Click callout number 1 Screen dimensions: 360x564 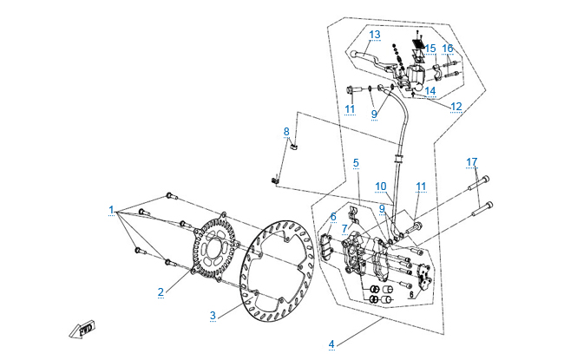[x=111, y=210]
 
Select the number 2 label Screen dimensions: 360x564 [x=161, y=291]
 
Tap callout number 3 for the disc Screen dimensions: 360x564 [x=212, y=315]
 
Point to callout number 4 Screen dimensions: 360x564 [x=331, y=344]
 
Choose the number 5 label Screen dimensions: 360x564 [x=355, y=162]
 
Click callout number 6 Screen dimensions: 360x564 [x=332, y=216]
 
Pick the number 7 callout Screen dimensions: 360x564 [x=344, y=228]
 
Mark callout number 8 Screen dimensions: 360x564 [x=286, y=132]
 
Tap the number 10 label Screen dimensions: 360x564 [x=380, y=187]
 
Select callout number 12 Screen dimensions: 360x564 [x=456, y=106]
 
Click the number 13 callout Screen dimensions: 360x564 [x=375, y=35]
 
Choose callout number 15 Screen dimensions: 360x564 [x=430, y=49]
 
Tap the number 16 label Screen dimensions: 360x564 [x=448, y=49]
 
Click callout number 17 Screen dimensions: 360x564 [x=471, y=162]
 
